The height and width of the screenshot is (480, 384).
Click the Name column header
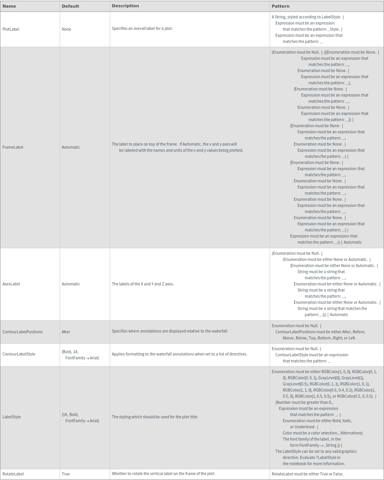[x=9, y=6]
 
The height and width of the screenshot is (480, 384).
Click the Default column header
[x=70, y=6]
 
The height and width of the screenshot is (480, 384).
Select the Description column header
[x=125, y=6]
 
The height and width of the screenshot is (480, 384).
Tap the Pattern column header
[x=280, y=6]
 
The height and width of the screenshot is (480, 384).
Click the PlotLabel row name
[x=11, y=29]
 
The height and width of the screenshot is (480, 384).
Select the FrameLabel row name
[x=13, y=147]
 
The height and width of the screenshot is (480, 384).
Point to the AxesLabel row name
[x=11, y=284]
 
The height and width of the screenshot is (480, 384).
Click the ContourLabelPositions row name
[x=23, y=332]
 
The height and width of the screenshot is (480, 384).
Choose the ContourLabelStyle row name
[x=19, y=354]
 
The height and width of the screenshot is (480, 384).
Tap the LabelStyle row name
[x=11, y=417]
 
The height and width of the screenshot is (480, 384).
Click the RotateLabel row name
[x=13, y=474]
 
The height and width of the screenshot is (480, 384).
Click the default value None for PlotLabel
[x=66, y=29]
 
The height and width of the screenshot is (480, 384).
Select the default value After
[x=66, y=332]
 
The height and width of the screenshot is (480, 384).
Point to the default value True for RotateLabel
[x=66, y=474]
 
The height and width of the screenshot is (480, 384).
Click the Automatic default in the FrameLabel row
[x=71, y=147]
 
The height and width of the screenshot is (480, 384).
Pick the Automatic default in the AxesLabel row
[x=71, y=284]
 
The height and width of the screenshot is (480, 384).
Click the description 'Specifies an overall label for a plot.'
[x=142, y=28]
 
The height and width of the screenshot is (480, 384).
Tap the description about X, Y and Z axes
[x=143, y=284]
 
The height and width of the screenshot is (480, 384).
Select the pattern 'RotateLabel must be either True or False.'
[x=308, y=474]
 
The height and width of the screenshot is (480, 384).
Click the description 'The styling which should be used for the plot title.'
[x=155, y=417]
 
